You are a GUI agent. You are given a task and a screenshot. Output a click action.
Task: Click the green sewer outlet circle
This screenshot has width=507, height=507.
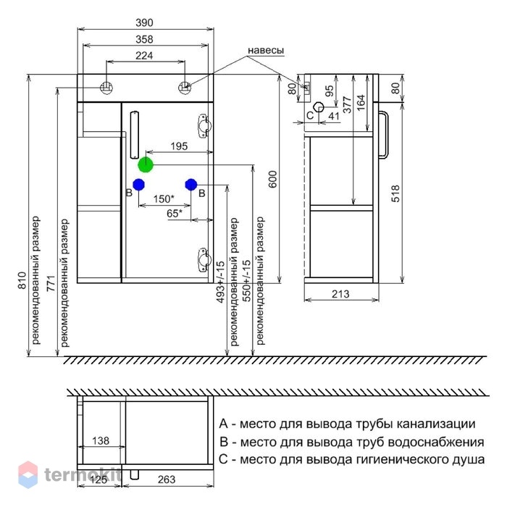(146, 165)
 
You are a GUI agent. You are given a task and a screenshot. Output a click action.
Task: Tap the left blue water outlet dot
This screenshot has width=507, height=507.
(139, 185)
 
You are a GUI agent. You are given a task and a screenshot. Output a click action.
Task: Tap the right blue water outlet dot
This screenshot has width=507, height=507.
(191, 185)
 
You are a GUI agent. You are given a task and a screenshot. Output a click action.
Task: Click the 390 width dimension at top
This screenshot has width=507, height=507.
(144, 22)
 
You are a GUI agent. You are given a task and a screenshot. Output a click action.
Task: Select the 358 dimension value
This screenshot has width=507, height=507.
(144, 39)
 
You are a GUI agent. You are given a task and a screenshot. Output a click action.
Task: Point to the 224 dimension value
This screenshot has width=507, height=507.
(144, 56)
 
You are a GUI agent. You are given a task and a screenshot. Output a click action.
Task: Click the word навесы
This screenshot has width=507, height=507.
(266, 51)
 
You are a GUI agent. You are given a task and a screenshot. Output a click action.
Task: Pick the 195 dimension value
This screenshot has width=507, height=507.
(179, 146)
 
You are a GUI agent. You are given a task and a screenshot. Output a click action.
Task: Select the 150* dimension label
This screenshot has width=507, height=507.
(164, 199)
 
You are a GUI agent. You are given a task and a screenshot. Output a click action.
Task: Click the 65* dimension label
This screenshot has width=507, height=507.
(175, 214)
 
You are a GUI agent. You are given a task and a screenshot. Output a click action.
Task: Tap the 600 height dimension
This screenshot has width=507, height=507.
(273, 179)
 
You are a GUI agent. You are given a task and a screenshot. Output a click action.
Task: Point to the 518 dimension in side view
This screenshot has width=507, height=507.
(395, 193)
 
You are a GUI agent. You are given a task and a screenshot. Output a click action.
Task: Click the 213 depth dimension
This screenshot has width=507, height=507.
(340, 294)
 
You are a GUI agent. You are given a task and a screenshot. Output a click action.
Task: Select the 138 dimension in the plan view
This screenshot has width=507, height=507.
(101, 440)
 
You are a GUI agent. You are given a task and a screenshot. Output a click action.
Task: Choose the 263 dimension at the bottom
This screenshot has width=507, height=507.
(167, 479)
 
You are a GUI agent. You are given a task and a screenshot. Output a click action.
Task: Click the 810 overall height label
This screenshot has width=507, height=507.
(22, 280)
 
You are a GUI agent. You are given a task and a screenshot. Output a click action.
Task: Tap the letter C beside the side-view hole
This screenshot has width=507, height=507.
(310, 115)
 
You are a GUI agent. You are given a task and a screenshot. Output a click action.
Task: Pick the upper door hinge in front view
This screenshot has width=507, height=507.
(204, 126)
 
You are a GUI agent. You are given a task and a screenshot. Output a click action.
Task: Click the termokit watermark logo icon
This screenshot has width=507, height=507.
(28, 474)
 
